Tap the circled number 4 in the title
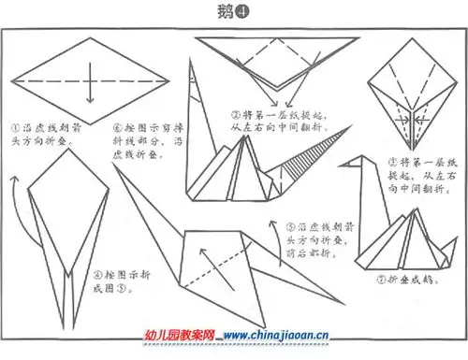pyautogui.click(x=243, y=11)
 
